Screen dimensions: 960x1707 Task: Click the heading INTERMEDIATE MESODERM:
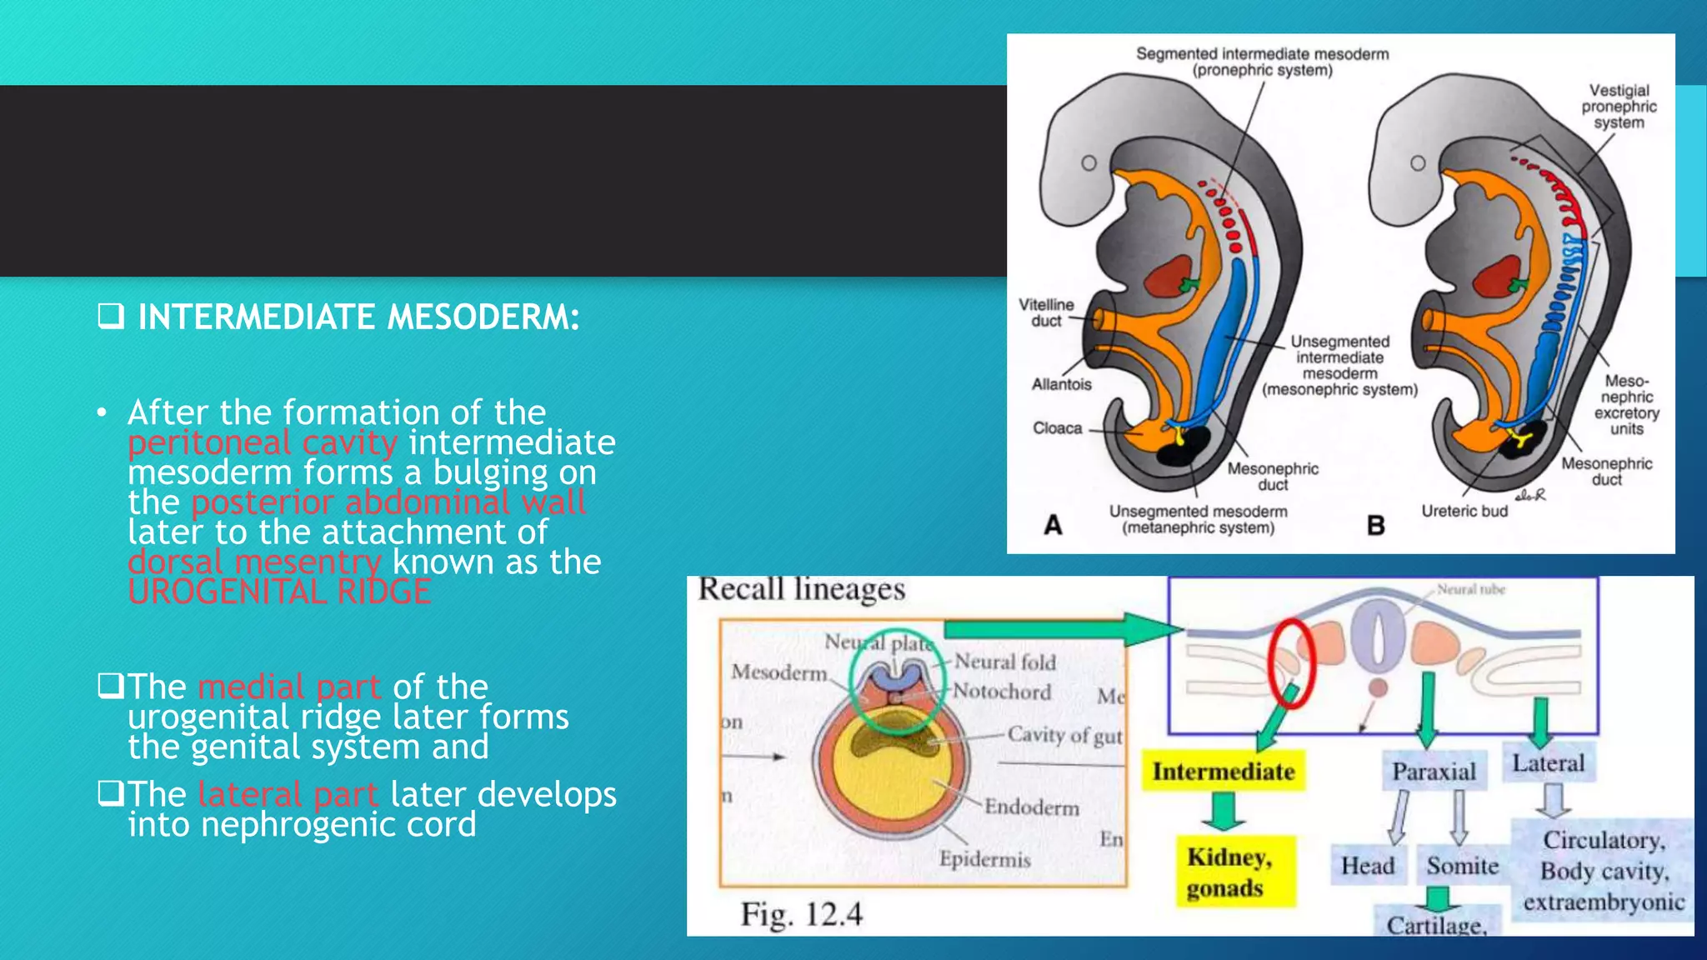(x=358, y=317)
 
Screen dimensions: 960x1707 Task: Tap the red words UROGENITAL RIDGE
(x=280, y=592)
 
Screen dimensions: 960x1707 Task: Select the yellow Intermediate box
(x=1223, y=772)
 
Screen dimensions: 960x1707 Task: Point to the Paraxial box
(x=1434, y=772)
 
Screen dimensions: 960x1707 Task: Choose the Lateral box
(x=1549, y=763)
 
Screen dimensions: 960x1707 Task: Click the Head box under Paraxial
(x=1368, y=866)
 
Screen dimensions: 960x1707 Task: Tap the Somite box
(x=1462, y=866)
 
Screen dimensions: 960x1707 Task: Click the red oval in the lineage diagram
(x=1290, y=663)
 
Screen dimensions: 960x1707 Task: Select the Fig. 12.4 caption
(x=802, y=914)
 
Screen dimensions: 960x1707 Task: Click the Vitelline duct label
(x=1046, y=312)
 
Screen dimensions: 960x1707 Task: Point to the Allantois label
(x=1061, y=384)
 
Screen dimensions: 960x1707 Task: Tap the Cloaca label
(x=1057, y=428)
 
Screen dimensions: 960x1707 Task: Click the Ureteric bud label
(x=1464, y=511)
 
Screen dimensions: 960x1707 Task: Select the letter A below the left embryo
(x=1054, y=525)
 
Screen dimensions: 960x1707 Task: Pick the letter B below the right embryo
(x=1375, y=526)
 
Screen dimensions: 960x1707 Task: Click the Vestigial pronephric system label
(x=1619, y=107)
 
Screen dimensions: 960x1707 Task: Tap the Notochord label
(x=1002, y=692)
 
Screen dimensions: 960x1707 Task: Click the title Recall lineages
(x=801, y=589)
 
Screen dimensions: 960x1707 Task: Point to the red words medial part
(x=289, y=687)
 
